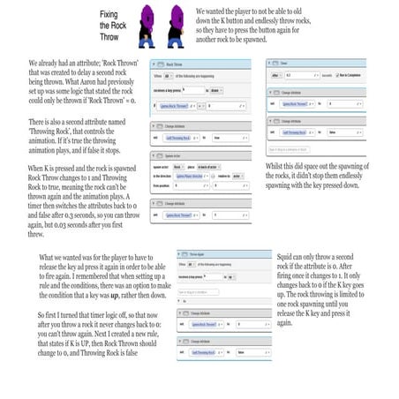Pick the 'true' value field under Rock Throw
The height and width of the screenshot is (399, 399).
[x=221, y=138]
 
